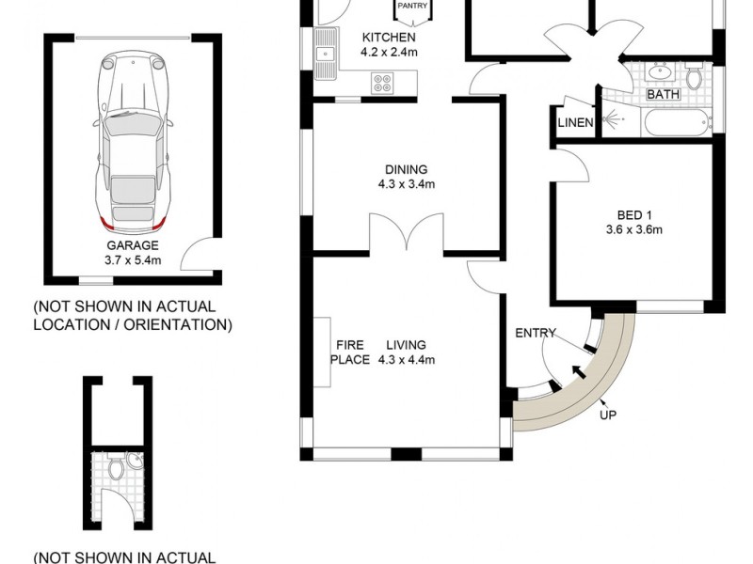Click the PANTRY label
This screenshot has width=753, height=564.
[412, 6]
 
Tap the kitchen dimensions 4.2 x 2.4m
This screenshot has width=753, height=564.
[389, 52]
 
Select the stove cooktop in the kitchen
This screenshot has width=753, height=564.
[383, 83]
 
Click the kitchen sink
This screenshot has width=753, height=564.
[326, 53]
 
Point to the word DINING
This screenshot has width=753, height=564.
[407, 169]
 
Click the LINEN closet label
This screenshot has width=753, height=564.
[575, 123]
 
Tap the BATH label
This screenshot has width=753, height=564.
[664, 94]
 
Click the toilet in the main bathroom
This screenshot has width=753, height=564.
[693, 76]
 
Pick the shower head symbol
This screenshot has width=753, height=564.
[613, 118]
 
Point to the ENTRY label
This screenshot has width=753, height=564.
[536, 333]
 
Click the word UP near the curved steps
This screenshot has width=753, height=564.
[607, 415]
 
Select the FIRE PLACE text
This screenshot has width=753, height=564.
[350, 352]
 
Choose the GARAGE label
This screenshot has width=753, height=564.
[133, 245]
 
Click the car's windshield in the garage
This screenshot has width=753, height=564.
[132, 122]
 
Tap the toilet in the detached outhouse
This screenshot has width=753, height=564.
[115, 466]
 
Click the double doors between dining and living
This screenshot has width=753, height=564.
[407, 232]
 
